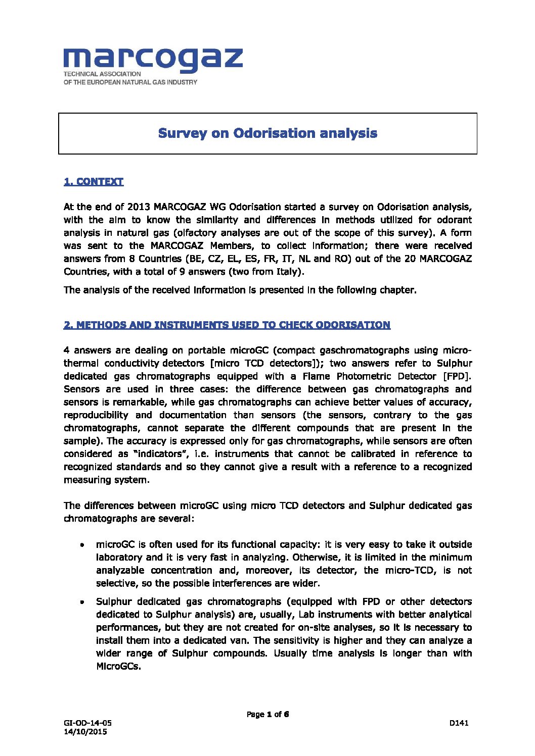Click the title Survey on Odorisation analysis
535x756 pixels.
[268, 133]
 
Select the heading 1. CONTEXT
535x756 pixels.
[94, 182]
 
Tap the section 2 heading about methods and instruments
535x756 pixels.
[227, 325]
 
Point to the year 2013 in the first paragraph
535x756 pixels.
[138, 207]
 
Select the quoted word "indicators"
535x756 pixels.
[160, 454]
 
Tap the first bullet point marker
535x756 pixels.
[82, 545]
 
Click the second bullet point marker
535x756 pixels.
[82, 602]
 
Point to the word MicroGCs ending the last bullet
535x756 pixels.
[118, 666]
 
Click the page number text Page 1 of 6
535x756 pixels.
[268, 714]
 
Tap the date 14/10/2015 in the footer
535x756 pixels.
[85, 732]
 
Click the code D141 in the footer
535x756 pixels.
[459, 723]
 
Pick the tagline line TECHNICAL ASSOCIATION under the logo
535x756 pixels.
[102, 74]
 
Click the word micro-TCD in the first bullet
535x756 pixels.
[411, 571]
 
